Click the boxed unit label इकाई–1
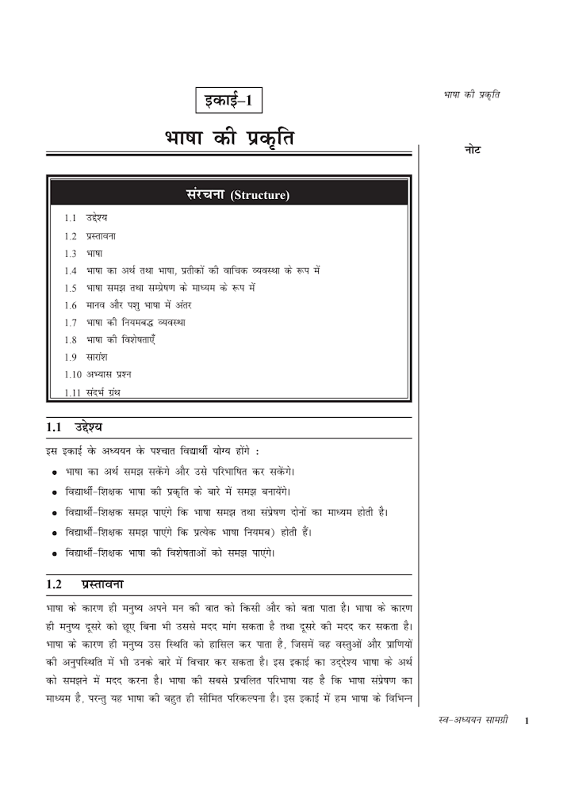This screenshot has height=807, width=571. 228,101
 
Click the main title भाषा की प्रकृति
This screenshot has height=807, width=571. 228,140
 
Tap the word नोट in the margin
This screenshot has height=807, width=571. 472,151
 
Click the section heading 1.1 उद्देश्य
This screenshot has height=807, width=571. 80,428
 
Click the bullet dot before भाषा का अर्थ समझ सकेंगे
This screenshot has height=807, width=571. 53,472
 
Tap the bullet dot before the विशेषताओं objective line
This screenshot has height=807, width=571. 53,553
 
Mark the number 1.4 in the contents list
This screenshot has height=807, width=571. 71,270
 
